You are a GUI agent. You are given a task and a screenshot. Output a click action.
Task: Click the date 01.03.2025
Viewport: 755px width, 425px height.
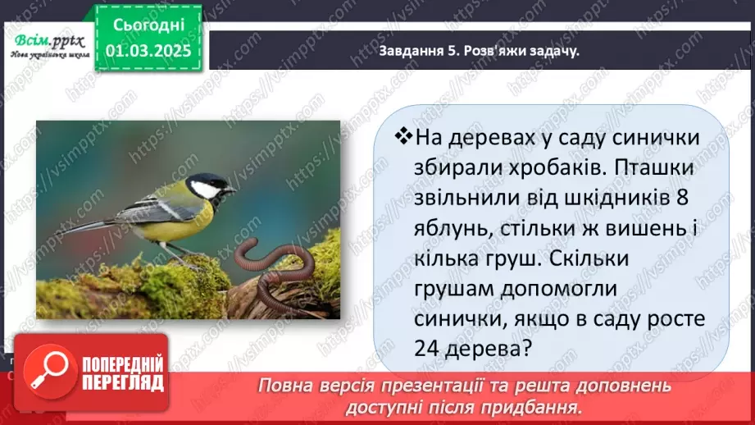tap(148, 50)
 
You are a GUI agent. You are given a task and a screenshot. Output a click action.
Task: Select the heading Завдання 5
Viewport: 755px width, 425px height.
tap(419, 51)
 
